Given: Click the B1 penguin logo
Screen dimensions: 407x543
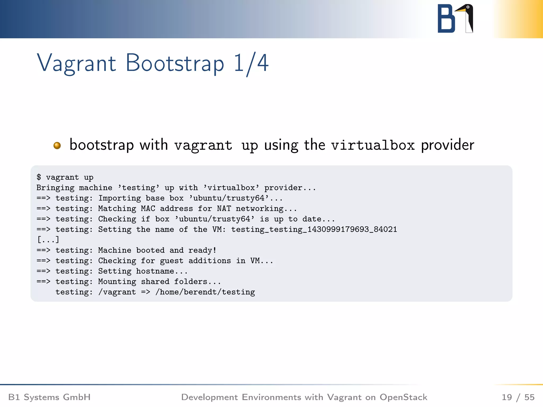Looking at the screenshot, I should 455,19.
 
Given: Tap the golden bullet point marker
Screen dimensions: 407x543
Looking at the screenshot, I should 57,145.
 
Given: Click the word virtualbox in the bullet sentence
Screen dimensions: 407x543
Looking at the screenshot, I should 373,145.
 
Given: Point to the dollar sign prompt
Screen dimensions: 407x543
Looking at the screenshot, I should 39,177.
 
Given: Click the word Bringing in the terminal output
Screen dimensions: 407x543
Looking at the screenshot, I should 55,188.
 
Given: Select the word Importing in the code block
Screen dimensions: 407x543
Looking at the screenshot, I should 120,198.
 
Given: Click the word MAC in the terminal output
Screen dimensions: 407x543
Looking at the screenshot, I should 148,209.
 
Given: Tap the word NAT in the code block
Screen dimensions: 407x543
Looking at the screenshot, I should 224,209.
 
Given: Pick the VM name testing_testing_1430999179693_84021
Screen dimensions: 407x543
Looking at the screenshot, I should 314,229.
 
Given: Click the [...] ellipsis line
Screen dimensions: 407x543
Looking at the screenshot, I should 48,240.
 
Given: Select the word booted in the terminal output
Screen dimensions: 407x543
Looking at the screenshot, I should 150,250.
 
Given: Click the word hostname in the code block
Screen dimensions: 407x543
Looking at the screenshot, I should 155,271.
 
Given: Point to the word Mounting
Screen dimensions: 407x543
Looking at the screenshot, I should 117,281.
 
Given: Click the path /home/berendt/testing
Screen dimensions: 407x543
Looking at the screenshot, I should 205,292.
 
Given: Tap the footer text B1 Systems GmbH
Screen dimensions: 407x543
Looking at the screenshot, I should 50,397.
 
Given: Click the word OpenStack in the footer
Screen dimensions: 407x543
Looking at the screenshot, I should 403,397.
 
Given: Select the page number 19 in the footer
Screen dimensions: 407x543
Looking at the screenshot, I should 507,397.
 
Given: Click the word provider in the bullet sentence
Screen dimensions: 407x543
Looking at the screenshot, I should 448,145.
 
